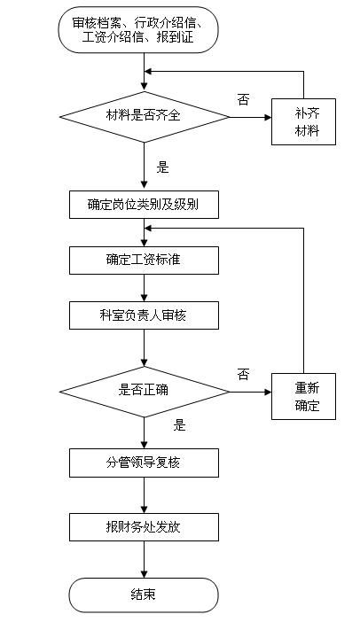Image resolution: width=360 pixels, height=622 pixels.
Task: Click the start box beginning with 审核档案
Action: click(143, 29)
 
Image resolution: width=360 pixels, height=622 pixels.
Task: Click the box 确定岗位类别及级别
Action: click(143, 205)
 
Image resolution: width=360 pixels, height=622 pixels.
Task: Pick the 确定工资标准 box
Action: click(143, 260)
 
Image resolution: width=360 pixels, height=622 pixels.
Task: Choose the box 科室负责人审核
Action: click(143, 315)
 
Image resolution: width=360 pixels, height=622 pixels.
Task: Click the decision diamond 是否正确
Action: click(143, 389)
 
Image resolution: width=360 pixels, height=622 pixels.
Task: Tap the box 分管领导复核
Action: click(143, 462)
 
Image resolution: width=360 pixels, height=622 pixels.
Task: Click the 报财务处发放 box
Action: click(143, 528)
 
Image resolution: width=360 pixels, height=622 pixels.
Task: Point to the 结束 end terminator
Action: click(143, 595)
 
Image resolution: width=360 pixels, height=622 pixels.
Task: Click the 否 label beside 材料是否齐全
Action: click(243, 98)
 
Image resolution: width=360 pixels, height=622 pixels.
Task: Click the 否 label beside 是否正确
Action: click(243, 374)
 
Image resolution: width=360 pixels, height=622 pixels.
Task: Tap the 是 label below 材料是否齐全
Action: click(162, 167)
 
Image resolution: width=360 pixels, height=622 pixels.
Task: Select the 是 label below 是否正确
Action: click(180, 425)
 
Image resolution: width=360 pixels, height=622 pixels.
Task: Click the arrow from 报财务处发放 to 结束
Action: click(143, 560)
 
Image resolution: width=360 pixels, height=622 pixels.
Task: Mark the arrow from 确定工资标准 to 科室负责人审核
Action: click(143, 287)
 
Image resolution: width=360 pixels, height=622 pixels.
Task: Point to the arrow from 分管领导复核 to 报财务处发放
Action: click(143, 494)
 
